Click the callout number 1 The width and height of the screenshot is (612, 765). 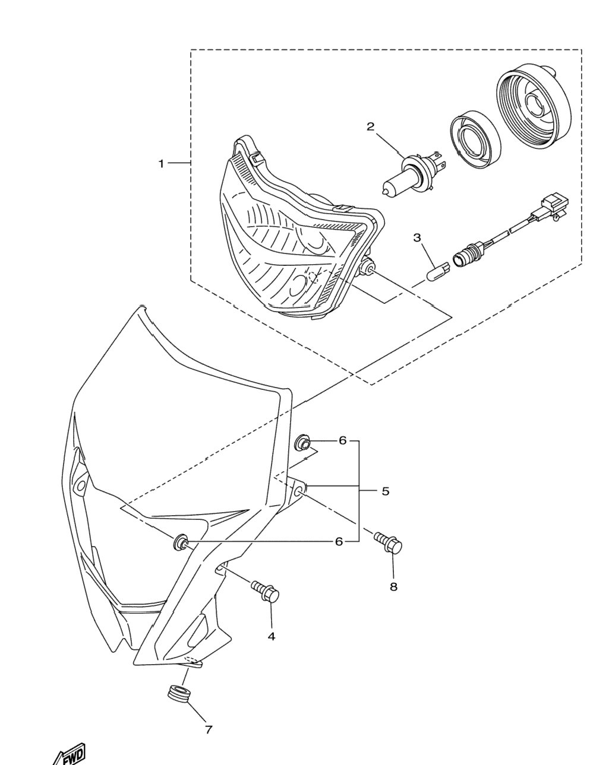click(161, 164)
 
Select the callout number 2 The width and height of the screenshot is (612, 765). click(371, 126)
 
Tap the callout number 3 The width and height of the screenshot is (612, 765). click(417, 237)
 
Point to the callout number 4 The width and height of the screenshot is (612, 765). click(272, 637)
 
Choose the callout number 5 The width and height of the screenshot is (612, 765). click(386, 491)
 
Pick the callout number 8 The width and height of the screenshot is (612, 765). click(393, 587)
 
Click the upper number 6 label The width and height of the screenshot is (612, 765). click(342, 441)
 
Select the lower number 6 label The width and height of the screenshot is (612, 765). click(339, 542)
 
